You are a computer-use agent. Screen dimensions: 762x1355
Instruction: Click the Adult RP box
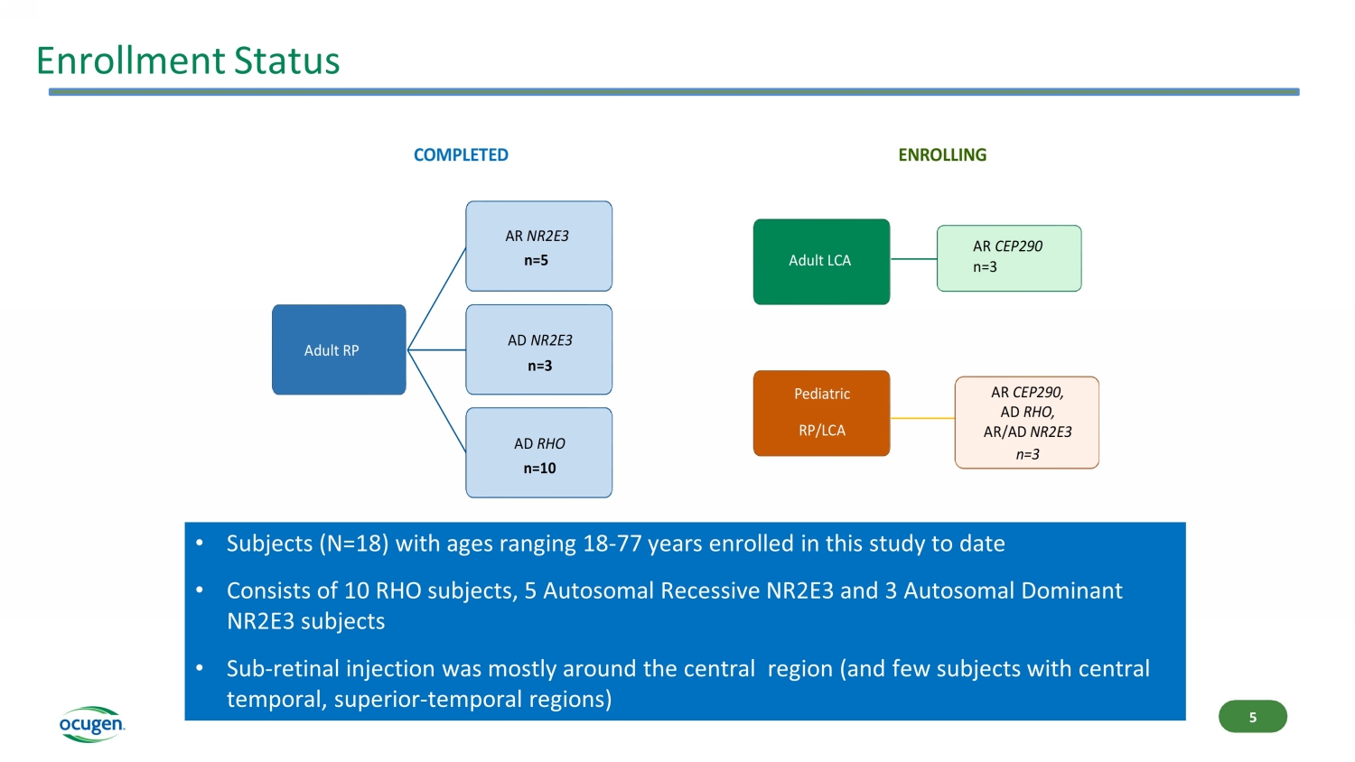tap(339, 349)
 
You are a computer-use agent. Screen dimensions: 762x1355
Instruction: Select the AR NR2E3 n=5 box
tap(538, 246)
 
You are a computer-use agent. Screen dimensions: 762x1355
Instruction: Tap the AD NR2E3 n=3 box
tap(538, 349)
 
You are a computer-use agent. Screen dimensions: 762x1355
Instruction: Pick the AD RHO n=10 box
tap(538, 452)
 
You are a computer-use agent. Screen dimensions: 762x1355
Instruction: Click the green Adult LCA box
tap(821, 261)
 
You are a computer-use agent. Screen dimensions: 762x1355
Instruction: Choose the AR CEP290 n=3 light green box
tap(1008, 258)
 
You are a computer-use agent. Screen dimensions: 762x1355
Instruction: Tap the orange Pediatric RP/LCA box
tap(821, 413)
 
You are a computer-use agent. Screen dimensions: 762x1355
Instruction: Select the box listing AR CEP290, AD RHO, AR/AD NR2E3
tap(1026, 423)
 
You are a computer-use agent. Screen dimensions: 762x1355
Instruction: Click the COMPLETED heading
tap(461, 155)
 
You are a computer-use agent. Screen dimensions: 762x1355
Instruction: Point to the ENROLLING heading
tap(942, 155)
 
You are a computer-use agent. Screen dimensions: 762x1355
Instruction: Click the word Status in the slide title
tap(286, 61)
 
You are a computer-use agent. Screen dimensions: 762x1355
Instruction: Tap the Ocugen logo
tap(91, 724)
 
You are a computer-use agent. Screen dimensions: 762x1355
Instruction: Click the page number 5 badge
tap(1252, 717)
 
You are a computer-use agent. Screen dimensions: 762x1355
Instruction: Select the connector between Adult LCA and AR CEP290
tap(913, 259)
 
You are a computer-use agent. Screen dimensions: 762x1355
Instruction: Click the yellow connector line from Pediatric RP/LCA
tap(922, 418)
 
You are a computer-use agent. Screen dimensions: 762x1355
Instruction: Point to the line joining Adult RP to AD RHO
tap(437, 402)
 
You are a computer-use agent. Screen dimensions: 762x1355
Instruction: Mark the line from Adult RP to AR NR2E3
tap(437, 299)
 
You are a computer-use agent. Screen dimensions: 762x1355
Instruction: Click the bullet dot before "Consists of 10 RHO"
tap(200, 590)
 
